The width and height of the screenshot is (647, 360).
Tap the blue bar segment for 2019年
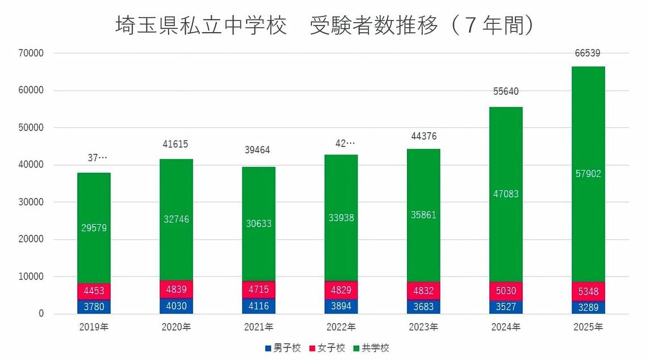(x=94, y=307)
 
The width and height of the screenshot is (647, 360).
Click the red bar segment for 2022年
(x=341, y=290)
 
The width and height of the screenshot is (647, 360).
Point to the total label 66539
(x=588, y=53)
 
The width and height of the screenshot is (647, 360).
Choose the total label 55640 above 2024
(x=506, y=91)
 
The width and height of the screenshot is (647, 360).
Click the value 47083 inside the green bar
(x=506, y=194)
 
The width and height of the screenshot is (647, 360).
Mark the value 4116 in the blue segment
(x=259, y=306)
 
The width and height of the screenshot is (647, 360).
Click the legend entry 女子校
(x=327, y=348)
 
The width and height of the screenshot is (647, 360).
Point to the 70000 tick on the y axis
(x=32, y=53)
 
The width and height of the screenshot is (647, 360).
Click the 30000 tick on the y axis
(x=32, y=202)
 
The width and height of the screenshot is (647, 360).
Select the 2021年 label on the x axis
(x=259, y=327)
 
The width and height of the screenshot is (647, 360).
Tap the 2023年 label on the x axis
(x=423, y=327)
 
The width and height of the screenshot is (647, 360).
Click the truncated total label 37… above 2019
(x=94, y=158)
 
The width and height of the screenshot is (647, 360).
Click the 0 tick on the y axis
(x=40, y=314)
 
